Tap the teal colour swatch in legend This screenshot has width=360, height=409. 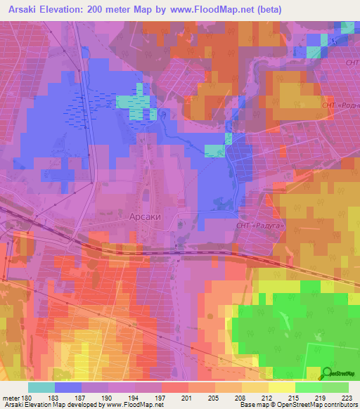(x=41, y=387)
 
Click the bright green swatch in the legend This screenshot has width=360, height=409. (x=308, y=387)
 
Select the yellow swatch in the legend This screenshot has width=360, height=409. (x=281, y=387)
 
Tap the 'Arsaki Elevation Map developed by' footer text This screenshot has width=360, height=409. (x=53, y=405)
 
